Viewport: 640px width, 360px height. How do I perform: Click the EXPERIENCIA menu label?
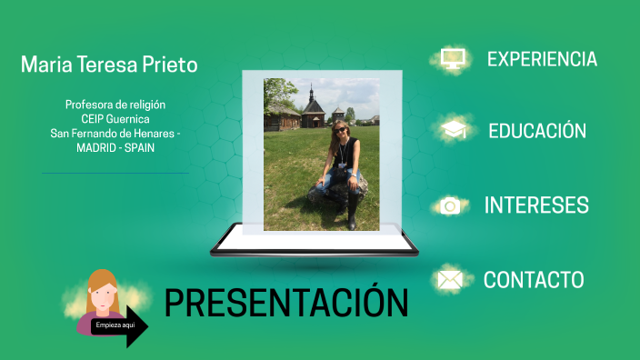coord(542,59)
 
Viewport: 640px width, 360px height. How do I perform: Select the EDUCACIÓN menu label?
coord(537,131)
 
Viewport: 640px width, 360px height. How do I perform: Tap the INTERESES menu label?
coord(536,205)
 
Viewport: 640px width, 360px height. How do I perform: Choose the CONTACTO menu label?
coord(534,279)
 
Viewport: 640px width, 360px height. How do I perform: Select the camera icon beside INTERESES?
coord(449,206)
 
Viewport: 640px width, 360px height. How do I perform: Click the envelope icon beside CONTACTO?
coord(449,280)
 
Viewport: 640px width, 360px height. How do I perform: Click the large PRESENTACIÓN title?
coord(286,303)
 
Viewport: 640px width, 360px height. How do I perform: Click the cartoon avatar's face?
coord(103,293)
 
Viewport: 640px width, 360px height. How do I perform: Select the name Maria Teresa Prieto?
coord(109,65)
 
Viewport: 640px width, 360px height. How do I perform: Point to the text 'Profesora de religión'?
coord(115,105)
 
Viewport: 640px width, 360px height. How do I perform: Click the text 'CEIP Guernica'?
coord(115,118)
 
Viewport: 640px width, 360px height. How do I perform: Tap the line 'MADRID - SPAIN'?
coord(115,146)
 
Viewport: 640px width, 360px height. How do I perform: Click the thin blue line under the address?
coord(115,172)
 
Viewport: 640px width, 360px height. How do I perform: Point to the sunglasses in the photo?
coord(340,130)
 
